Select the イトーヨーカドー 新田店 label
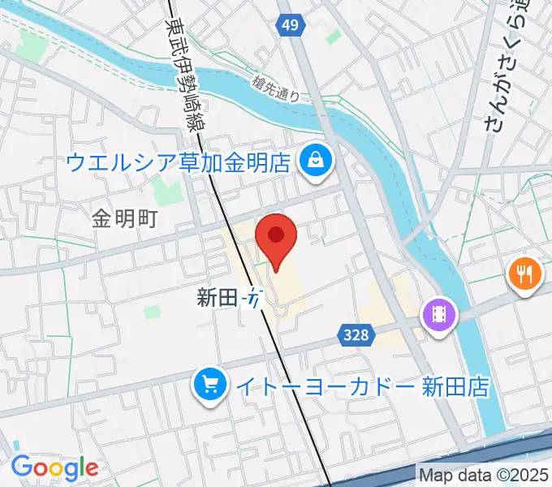(362, 386)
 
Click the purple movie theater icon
(438, 312)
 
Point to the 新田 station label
(216, 298)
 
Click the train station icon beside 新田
(254, 298)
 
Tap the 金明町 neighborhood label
(124, 218)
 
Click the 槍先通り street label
(276, 88)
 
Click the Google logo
(54, 467)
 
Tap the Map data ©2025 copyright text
(483, 474)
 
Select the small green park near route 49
(334, 37)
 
